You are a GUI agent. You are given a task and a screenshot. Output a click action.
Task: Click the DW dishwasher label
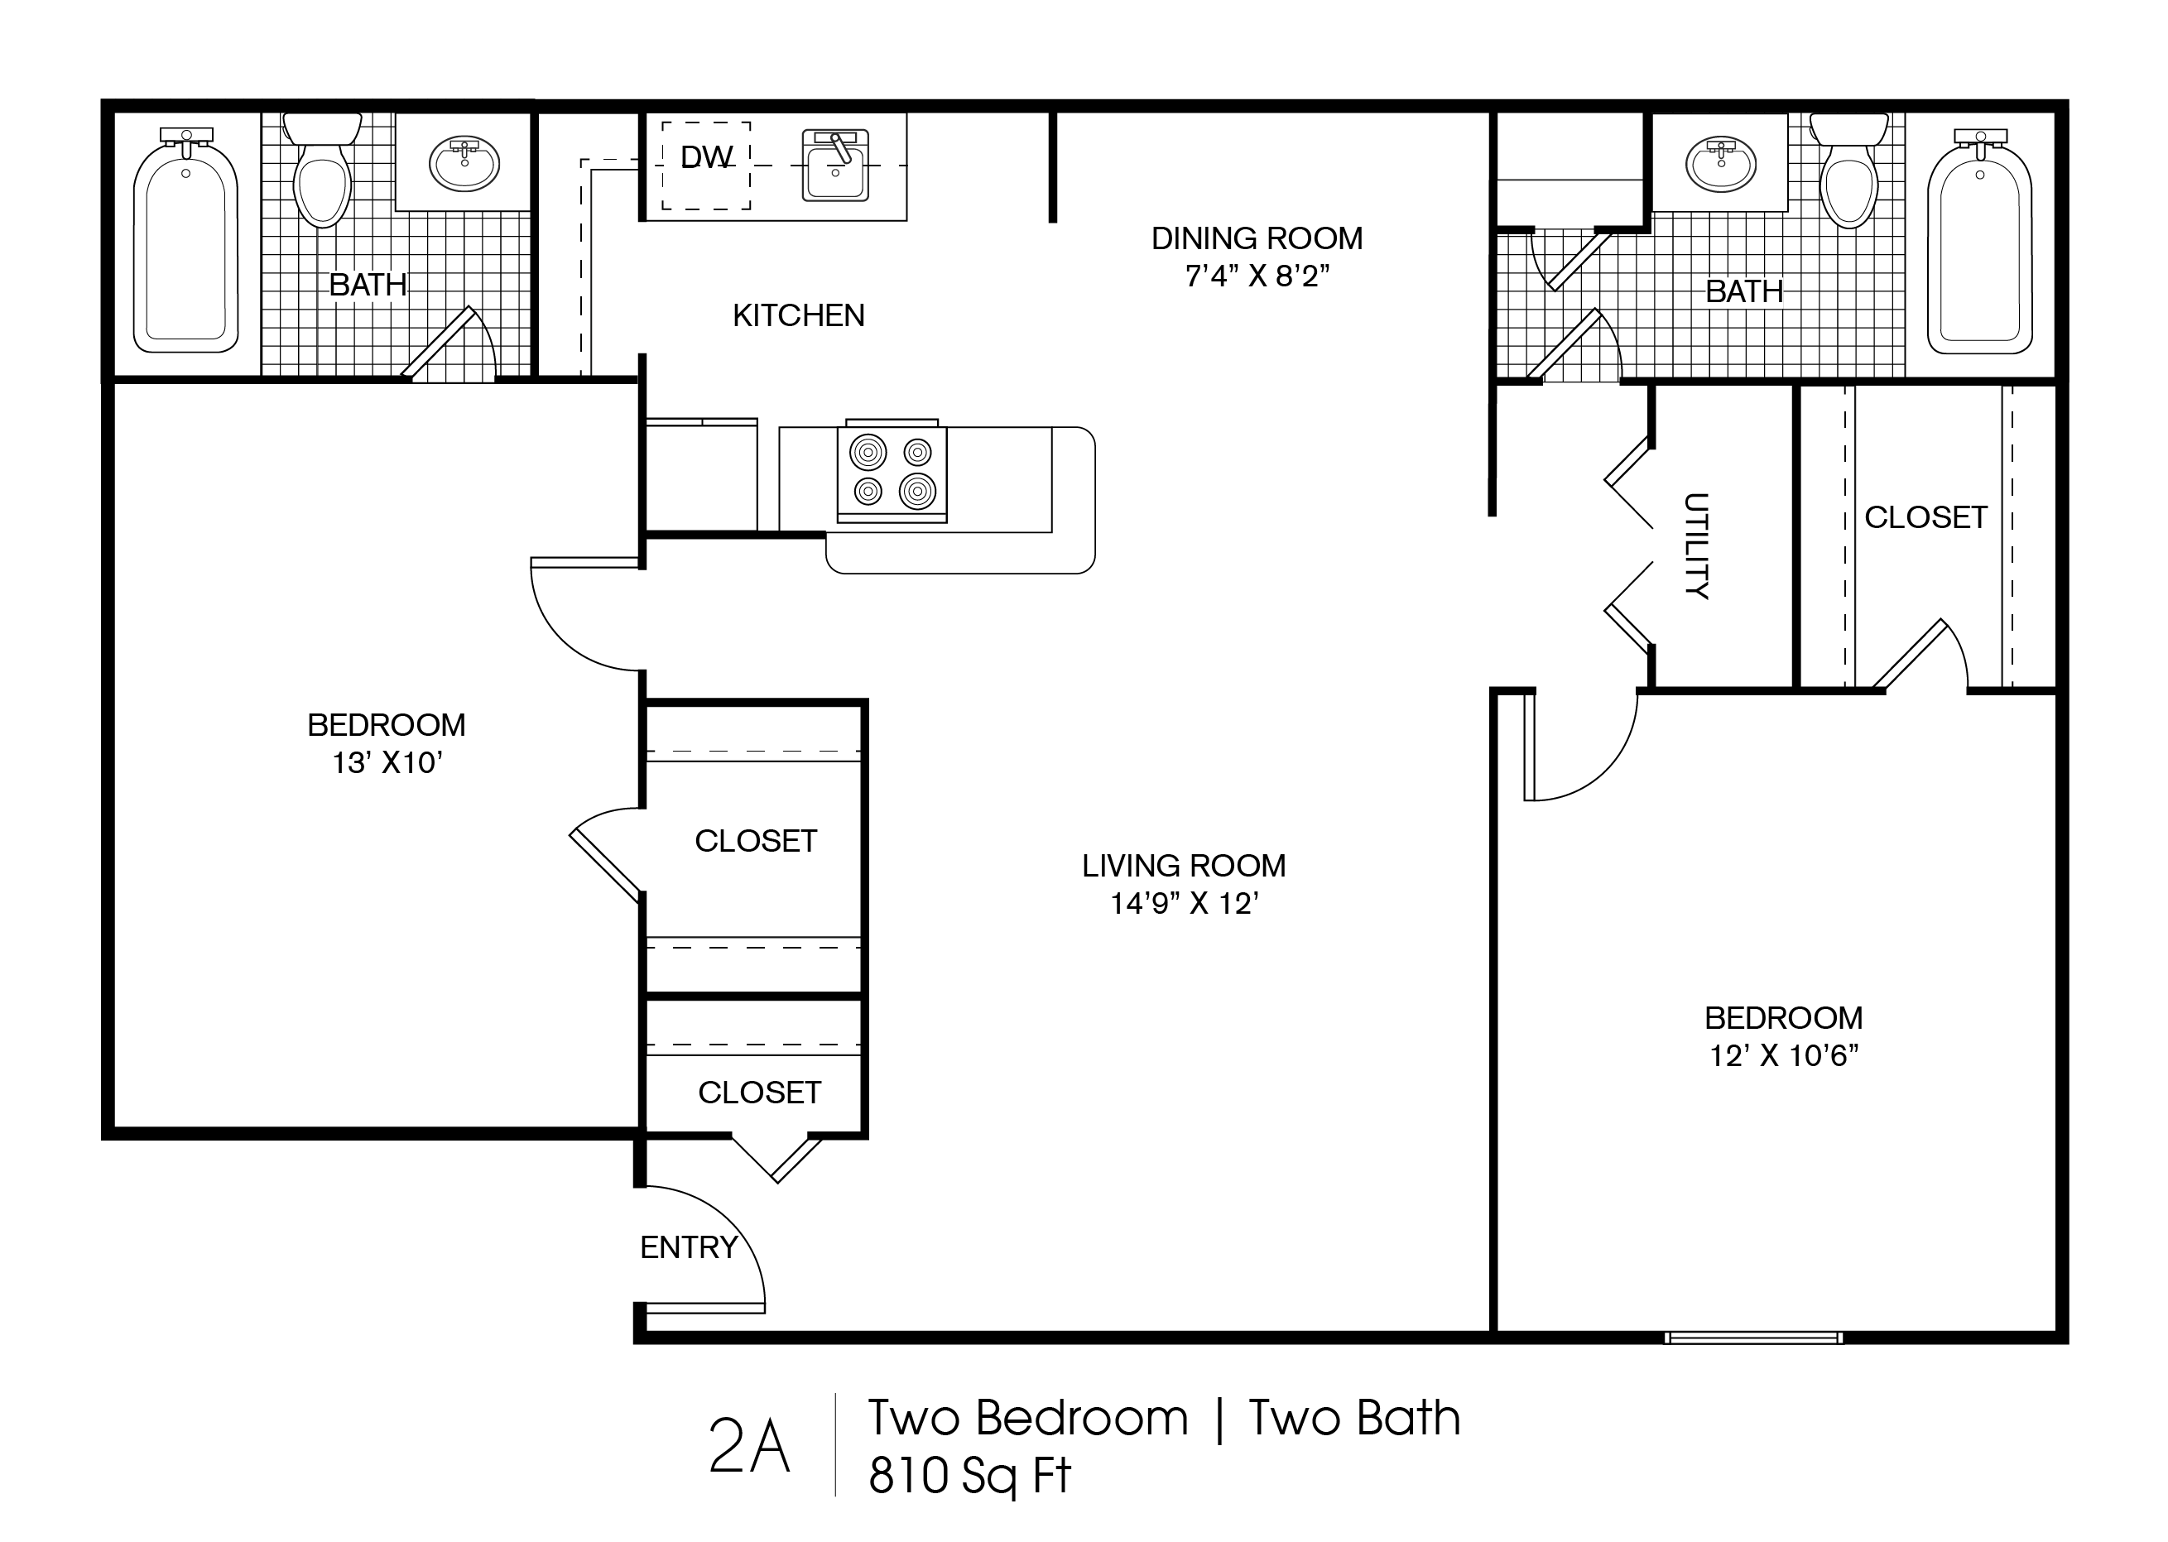[x=706, y=156]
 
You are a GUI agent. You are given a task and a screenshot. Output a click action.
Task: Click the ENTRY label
[x=689, y=1247]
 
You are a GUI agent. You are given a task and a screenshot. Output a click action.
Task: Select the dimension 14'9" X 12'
[x=1185, y=903]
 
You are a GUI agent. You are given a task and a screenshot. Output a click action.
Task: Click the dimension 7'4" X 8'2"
[x=1257, y=276]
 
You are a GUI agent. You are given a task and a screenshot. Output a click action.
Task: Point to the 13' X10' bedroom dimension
[x=387, y=762]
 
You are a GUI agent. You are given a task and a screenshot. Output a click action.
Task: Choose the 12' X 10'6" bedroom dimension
[x=1783, y=1055]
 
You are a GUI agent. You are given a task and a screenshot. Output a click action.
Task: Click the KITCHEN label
[x=798, y=315]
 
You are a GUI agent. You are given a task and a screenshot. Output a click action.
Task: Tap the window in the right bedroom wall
[x=1753, y=1337]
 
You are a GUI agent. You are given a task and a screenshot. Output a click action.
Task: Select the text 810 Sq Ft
[x=969, y=1476]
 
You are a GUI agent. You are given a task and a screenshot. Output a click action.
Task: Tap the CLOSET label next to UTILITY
[x=1925, y=517]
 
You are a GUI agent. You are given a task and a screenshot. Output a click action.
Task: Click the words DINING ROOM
[x=1257, y=238]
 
